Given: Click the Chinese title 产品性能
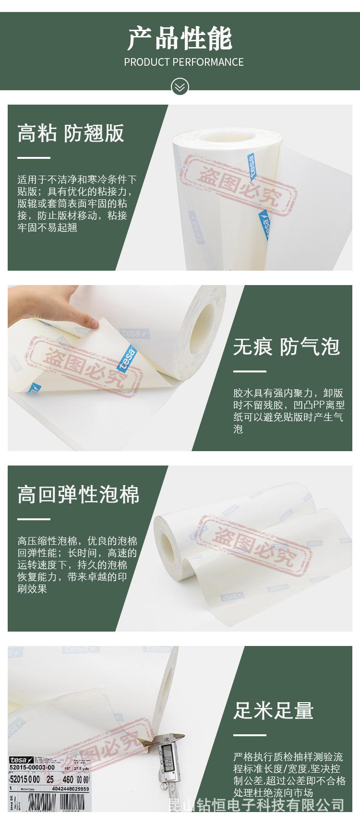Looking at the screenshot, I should [180, 39].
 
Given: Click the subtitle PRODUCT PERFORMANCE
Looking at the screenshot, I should [183, 62].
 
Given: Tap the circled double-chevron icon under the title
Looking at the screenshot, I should [180, 87].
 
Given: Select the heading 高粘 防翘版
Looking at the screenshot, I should [71, 133].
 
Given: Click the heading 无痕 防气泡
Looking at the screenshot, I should [286, 347].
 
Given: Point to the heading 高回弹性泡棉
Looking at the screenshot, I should [78, 494].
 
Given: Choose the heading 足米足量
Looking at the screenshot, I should [273, 710].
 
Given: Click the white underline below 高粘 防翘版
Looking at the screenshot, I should [34, 157].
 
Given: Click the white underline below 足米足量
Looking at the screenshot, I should [250, 735].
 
